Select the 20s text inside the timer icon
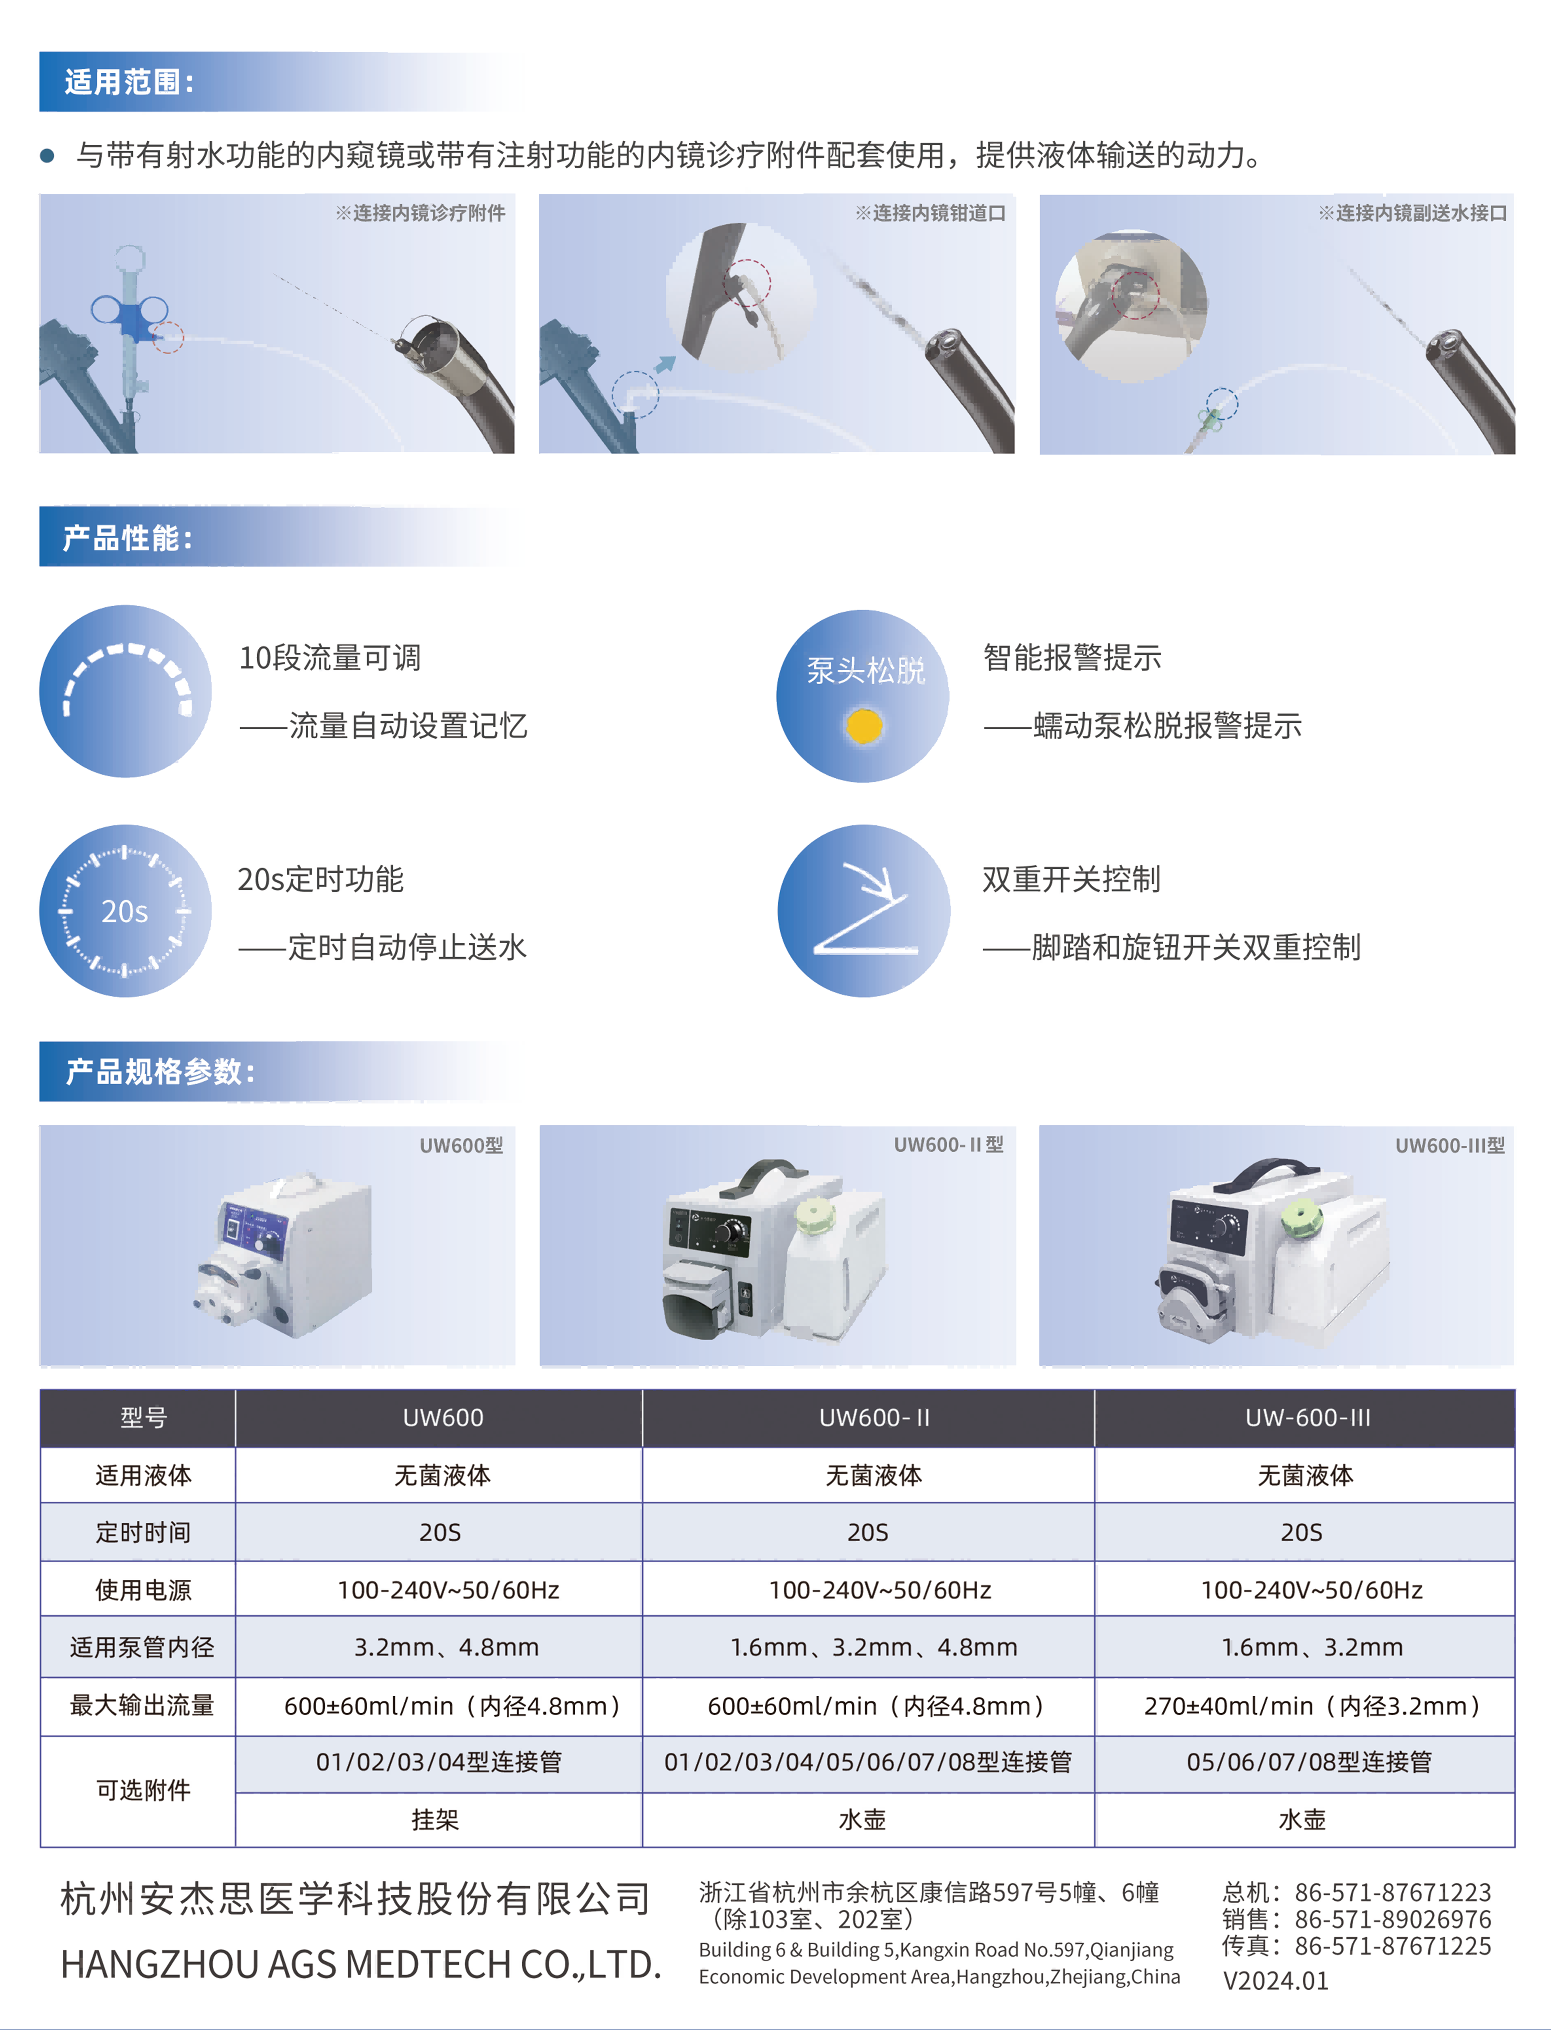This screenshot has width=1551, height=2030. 125,911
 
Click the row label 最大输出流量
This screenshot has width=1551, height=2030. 142,1705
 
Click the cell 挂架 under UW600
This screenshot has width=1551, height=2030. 435,1820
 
